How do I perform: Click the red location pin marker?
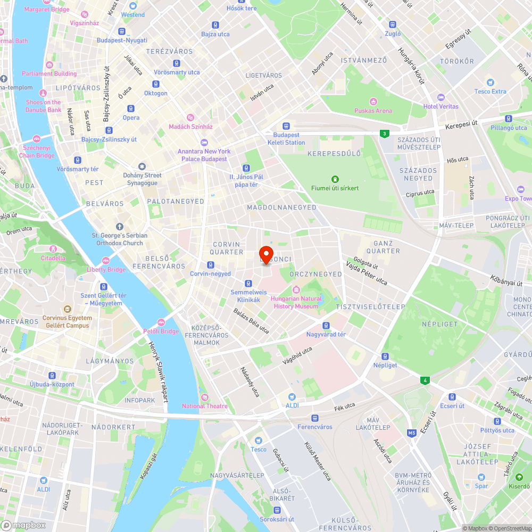pyautogui.click(x=266, y=254)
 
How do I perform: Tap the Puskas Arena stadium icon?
pyautogui.click(x=373, y=101)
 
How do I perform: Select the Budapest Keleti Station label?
pyautogui.click(x=286, y=139)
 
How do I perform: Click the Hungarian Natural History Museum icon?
pyautogui.click(x=296, y=289)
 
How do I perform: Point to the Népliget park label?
pyautogui.click(x=440, y=323)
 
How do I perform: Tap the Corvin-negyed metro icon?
pyautogui.click(x=211, y=264)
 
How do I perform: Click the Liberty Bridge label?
pyautogui.click(x=106, y=270)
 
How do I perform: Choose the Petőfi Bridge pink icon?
pyautogui.click(x=161, y=322)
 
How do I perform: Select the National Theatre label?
pyautogui.click(x=205, y=406)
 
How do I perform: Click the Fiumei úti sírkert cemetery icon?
pyautogui.click(x=335, y=179)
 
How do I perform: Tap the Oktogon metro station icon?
pyautogui.click(x=155, y=84)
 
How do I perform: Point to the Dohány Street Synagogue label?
pyautogui.click(x=142, y=179)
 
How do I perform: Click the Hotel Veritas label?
pyautogui.click(x=440, y=106)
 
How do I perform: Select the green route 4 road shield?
pyautogui.click(x=425, y=380)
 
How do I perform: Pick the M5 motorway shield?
pyautogui.click(x=412, y=433)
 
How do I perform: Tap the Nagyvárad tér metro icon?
pyautogui.click(x=326, y=326)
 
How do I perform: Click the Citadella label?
pyautogui.click(x=53, y=258)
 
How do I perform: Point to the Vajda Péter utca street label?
pyautogui.click(x=367, y=272)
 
